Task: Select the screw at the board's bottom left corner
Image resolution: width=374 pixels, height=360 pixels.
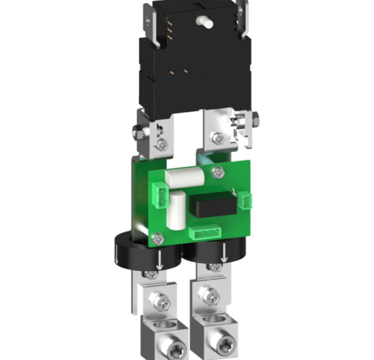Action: (x=157, y=238)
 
